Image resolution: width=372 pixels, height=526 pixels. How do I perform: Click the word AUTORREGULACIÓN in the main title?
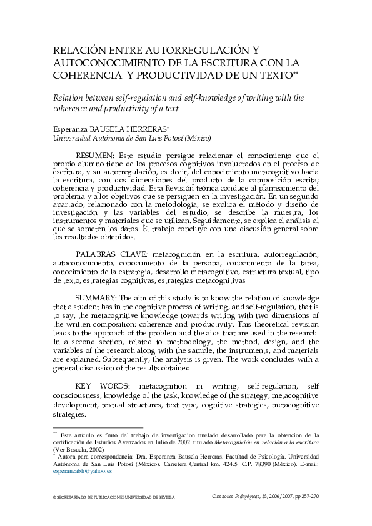click(193, 50)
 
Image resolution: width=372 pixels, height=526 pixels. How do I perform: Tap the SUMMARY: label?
click(96, 297)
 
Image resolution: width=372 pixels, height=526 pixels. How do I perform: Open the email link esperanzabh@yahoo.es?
click(83, 472)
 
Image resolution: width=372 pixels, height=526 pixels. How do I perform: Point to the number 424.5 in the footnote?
click(228, 464)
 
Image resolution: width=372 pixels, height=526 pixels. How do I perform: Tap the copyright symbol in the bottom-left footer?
click(55, 498)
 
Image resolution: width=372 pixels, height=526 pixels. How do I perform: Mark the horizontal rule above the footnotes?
click(98, 427)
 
